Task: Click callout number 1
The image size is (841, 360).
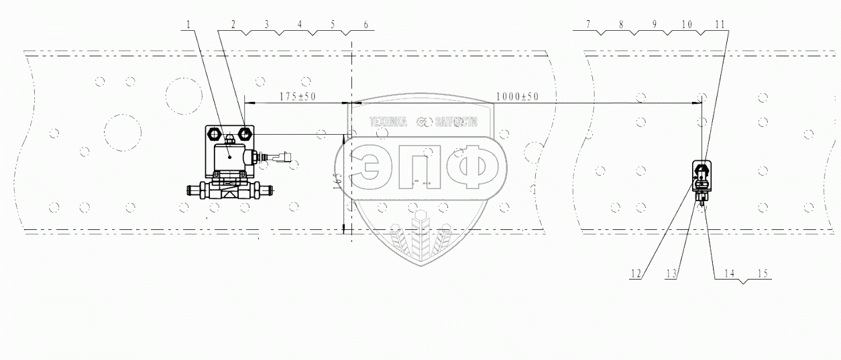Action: click(189, 25)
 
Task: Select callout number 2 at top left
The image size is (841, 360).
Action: click(233, 25)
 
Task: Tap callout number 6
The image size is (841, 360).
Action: click(366, 25)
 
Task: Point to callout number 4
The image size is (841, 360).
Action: click(299, 25)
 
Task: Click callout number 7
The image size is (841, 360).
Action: click(587, 25)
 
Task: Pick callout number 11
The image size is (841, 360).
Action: click(720, 25)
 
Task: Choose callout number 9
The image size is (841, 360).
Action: click(655, 25)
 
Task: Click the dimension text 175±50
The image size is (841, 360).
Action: click(298, 97)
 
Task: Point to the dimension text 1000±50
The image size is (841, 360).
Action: click(518, 97)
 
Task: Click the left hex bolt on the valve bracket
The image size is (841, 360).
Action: click(216, 133)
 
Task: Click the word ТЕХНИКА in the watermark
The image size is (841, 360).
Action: click(388, 123)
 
